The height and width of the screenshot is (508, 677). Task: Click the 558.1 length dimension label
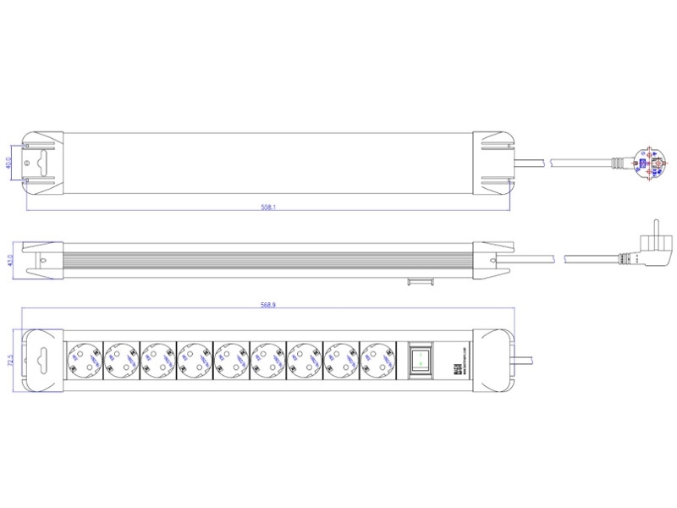(x=268, y=206)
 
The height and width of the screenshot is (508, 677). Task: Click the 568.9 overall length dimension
(x=268, y=305)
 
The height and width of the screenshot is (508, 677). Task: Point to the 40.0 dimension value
(x=9, y=161)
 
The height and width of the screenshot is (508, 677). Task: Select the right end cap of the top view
(x=494, y=161)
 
